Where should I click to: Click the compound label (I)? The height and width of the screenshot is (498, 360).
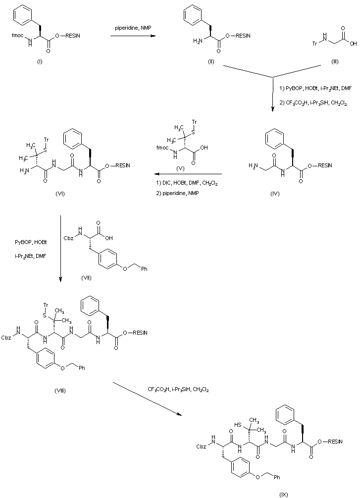click(x=40, y=61)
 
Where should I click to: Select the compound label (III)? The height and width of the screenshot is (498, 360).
click(x=335, y=61)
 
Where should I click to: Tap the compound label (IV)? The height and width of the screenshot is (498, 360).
click(x=275, y=194)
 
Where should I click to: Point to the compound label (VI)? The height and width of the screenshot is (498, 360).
click(x=60, y=194)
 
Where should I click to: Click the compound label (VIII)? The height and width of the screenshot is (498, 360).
click(x=60, y=391)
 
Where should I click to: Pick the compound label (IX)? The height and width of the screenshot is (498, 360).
click(x=283, y=495)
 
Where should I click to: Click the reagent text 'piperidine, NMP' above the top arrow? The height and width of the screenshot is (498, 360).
click(x=133, y=28)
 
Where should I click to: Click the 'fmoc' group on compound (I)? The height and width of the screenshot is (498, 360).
click(x=17, y=36)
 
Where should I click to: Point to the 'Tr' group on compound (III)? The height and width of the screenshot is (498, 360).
click(x=314, y=44)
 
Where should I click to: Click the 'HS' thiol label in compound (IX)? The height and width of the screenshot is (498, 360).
click(x=238, y=425)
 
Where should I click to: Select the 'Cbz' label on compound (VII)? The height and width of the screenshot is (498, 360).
click(x=69, y=238)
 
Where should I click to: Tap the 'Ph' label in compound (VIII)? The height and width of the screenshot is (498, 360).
click(x=82, y=368)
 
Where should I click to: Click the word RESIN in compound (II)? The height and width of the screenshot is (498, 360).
click(x=243, y=36)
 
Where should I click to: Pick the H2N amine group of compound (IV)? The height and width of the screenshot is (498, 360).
click(x=254, y=165)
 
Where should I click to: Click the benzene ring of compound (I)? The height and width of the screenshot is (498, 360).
click(x=23, y=14)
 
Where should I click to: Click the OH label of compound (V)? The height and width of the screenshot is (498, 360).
click(x=204, y=148)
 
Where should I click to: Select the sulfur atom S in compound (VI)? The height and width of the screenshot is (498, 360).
click(x=45, y=150)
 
